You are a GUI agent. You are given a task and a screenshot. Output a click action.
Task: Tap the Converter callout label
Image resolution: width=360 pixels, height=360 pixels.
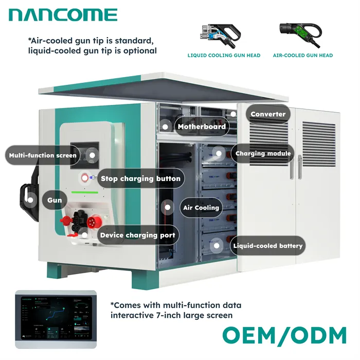(x=267, y=114)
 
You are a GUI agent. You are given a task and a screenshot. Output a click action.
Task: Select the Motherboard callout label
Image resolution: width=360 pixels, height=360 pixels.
(x=201, y=127)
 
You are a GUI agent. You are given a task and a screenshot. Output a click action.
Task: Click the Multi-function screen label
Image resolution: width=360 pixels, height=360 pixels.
(x=43, y=155)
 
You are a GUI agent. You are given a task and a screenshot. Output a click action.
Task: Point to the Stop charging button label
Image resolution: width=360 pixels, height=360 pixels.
(x=140, y=178)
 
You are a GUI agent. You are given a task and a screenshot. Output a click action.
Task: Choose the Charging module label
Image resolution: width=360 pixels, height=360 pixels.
(x=263, y=153)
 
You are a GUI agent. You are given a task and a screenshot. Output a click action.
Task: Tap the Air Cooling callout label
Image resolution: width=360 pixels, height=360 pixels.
(x=201, y=208)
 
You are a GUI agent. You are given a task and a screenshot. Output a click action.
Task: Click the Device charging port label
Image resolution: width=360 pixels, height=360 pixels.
(x=137, y=235)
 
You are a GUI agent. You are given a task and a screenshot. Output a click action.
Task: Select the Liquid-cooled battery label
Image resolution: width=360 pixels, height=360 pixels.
(x=267, y=246)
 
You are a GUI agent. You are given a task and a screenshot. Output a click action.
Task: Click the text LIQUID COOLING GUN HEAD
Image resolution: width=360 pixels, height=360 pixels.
(x=224, y=56)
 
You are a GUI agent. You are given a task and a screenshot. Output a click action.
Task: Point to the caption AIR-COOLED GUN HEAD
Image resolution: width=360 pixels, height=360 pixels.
(x=302, y=56)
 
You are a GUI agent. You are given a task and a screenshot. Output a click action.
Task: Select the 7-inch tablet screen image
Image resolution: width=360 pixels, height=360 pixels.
(x=56, y=317)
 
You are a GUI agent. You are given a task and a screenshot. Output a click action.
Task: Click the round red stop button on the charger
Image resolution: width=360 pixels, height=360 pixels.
(x=85, y=179)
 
